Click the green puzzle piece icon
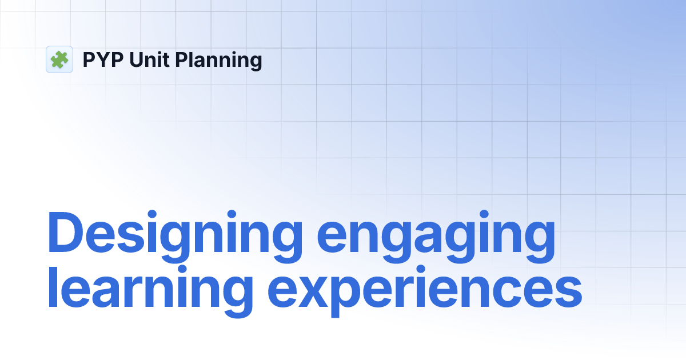point(59,59)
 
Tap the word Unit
point(150,59)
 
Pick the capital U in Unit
point(137,59)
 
